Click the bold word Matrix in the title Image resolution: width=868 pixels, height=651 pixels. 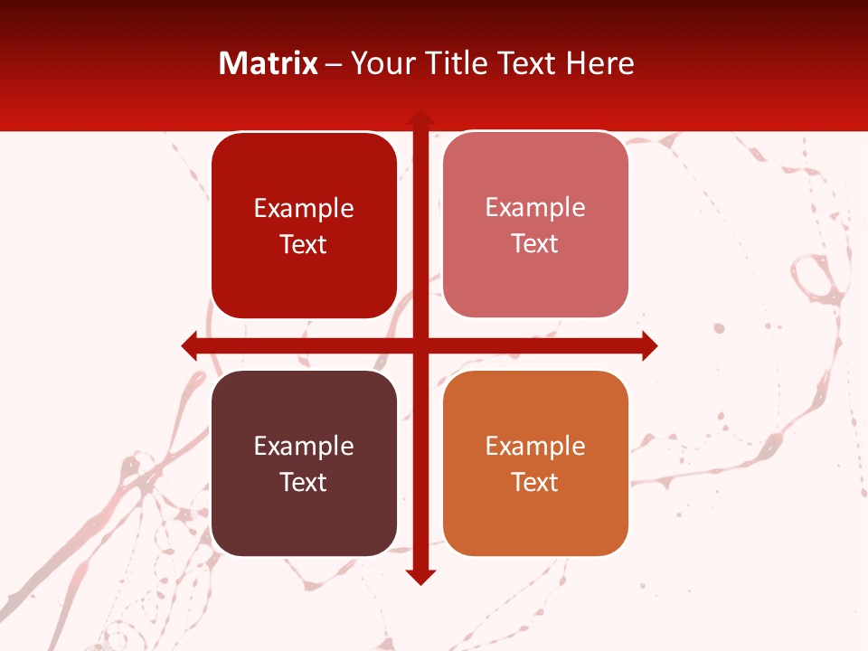pos(269,63)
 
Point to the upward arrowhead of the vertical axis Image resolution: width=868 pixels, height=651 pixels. pos(420,118)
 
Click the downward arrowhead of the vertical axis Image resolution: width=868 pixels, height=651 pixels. pos(420,577)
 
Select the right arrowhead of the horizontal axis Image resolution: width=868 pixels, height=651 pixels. pos(649,345)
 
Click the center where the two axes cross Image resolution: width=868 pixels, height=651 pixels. pos(420,345)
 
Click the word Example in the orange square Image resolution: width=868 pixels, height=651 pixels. pos(535,446)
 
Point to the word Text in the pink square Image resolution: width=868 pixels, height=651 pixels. pos(535,244)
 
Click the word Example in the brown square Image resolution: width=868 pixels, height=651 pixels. pos(304,446)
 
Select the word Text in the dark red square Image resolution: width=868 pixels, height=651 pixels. pos(304,245)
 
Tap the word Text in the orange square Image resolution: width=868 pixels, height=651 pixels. pos(535,482)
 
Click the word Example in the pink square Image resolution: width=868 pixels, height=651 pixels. pos(535,208)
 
